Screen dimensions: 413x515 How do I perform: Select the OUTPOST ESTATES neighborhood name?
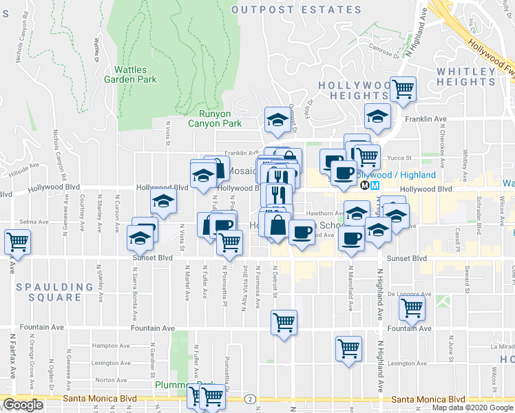[x=297, y=10]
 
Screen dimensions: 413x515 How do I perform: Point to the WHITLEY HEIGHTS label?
[x=465, y=76]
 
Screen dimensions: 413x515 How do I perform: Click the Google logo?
[x=23, y=405]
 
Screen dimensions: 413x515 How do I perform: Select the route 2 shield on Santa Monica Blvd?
[x=249, y=399]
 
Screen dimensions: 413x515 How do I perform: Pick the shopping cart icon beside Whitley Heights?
[x=403, y=88]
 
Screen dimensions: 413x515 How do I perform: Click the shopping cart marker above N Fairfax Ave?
[x=17, y=242]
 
